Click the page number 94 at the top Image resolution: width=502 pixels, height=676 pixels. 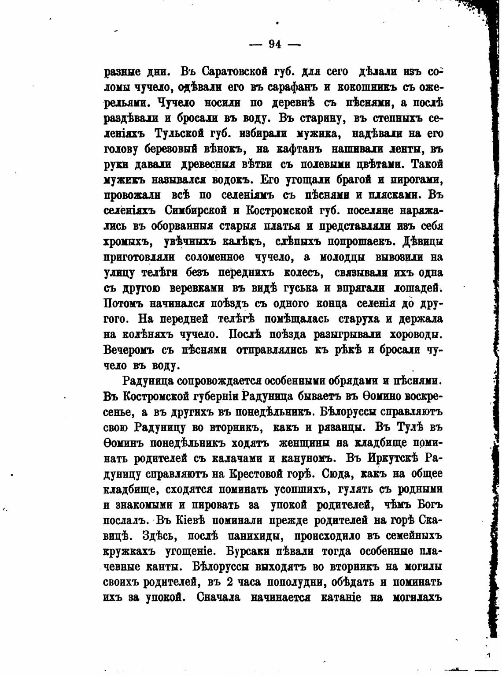(x=275, y=44)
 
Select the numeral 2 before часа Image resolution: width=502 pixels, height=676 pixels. (x=229, y=582)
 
